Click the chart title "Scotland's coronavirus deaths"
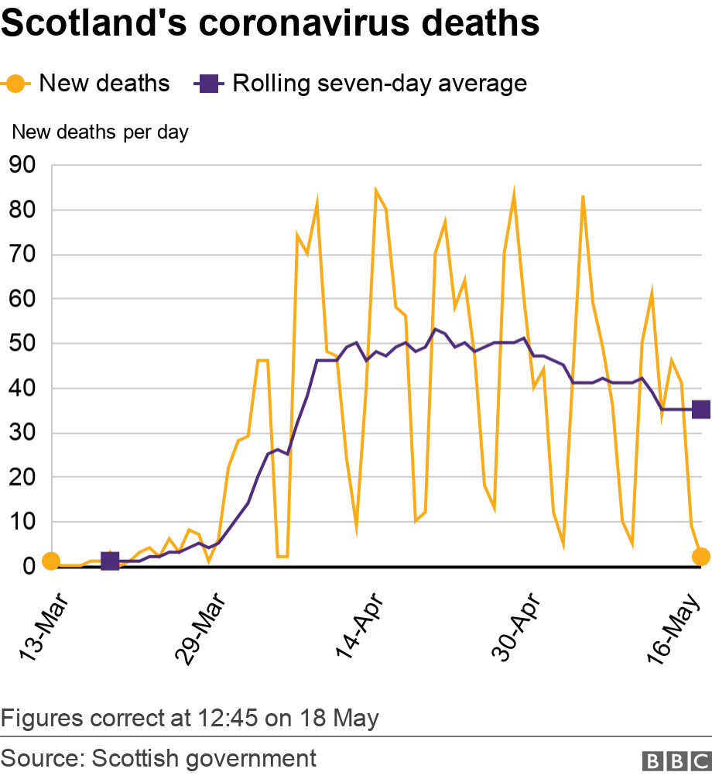270,25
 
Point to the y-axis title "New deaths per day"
100,132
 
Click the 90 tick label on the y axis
22,165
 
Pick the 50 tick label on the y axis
22,344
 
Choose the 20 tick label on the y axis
22,478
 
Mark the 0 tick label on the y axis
29,567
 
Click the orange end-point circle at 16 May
701,556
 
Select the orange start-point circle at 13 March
50,561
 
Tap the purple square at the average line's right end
701,409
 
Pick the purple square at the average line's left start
110,561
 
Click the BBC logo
676,759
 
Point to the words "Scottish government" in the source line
204,758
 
